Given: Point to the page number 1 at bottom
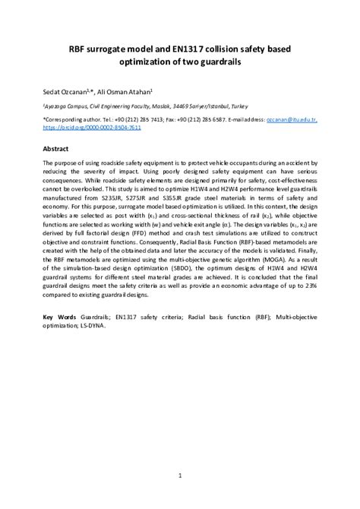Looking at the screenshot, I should tap(180, 477).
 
